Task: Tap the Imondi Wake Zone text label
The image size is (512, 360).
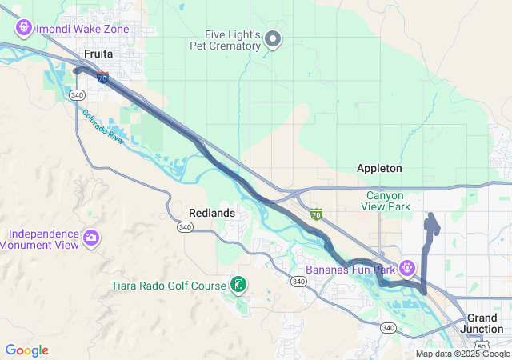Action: tap(82, 29)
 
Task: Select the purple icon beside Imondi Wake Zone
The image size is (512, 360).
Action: tap(23, 29)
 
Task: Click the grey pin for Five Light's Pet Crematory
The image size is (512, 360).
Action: tap(273, 38)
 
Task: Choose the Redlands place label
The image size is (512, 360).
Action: tap(212, 213)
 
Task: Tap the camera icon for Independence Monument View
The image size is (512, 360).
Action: tap(91, 238)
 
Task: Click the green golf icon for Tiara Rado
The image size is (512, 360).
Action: tap(238, 284)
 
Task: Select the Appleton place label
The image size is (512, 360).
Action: tap(379, 169)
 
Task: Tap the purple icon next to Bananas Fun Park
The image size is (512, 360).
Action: tap(407, 266)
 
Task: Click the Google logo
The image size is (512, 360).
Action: tap(26, 350)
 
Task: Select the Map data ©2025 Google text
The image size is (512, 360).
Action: tap(462, 354)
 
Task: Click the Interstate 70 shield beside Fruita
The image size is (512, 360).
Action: tap(102, 78)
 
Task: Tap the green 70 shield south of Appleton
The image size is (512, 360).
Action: tap(317, 214)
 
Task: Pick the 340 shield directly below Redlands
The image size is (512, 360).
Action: tap(186, 227)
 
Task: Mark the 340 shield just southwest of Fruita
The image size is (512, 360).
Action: tap(77, 95)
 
